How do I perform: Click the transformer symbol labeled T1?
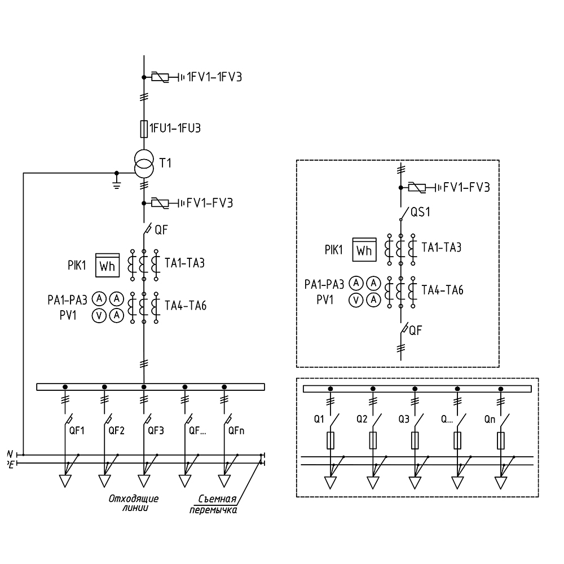[x=144, y=163]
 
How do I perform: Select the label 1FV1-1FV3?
[x=214, y=77]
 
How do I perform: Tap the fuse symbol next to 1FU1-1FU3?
[x=144, y=129]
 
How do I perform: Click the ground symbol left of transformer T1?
[x=117, y=183]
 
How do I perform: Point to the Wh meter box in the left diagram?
[x=107, y=265]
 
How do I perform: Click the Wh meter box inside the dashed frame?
[x=364, y=249]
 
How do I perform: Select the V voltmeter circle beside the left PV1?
[x=99, y=315]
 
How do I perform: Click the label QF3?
[x=156, y=430]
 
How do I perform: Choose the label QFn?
[x=236, y=430]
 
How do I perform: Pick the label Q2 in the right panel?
[x=362, y=419]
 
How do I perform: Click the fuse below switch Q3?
[x=415, y=439]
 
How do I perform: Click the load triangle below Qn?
[x=500, y=483]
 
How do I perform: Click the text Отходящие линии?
[x=134, y=502]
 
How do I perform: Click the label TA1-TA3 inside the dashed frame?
[x=443, y=247]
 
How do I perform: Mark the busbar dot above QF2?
[x=104, y=387]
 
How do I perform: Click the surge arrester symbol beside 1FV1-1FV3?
[x=160, y=77]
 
